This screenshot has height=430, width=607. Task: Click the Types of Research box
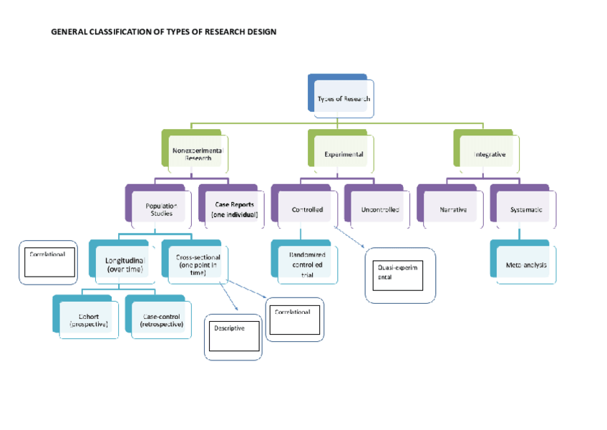[x=343, y=98]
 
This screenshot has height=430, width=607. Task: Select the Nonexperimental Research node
[x=198, y=153]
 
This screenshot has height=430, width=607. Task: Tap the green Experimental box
[x=343, y=153]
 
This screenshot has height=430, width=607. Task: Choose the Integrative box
[x=489, y=153]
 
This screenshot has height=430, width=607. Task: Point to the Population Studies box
[x=160, y=209]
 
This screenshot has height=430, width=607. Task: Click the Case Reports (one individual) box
[x=233, y=209]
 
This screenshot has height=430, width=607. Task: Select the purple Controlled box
[x=306, y=209]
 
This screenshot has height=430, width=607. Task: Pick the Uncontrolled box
[x=379, y=209]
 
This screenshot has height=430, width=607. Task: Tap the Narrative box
[x=452, y=209]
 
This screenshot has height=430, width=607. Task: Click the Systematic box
[x=525, y=209]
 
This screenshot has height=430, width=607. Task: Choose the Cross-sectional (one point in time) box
[x=197, y=264]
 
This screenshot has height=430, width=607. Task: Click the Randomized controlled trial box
[x=306, y=264]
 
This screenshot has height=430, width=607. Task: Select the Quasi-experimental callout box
[x=400, y=275]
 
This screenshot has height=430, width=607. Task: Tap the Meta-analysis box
[x=525, y=264]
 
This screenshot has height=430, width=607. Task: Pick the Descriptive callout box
[x=233, y=336]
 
